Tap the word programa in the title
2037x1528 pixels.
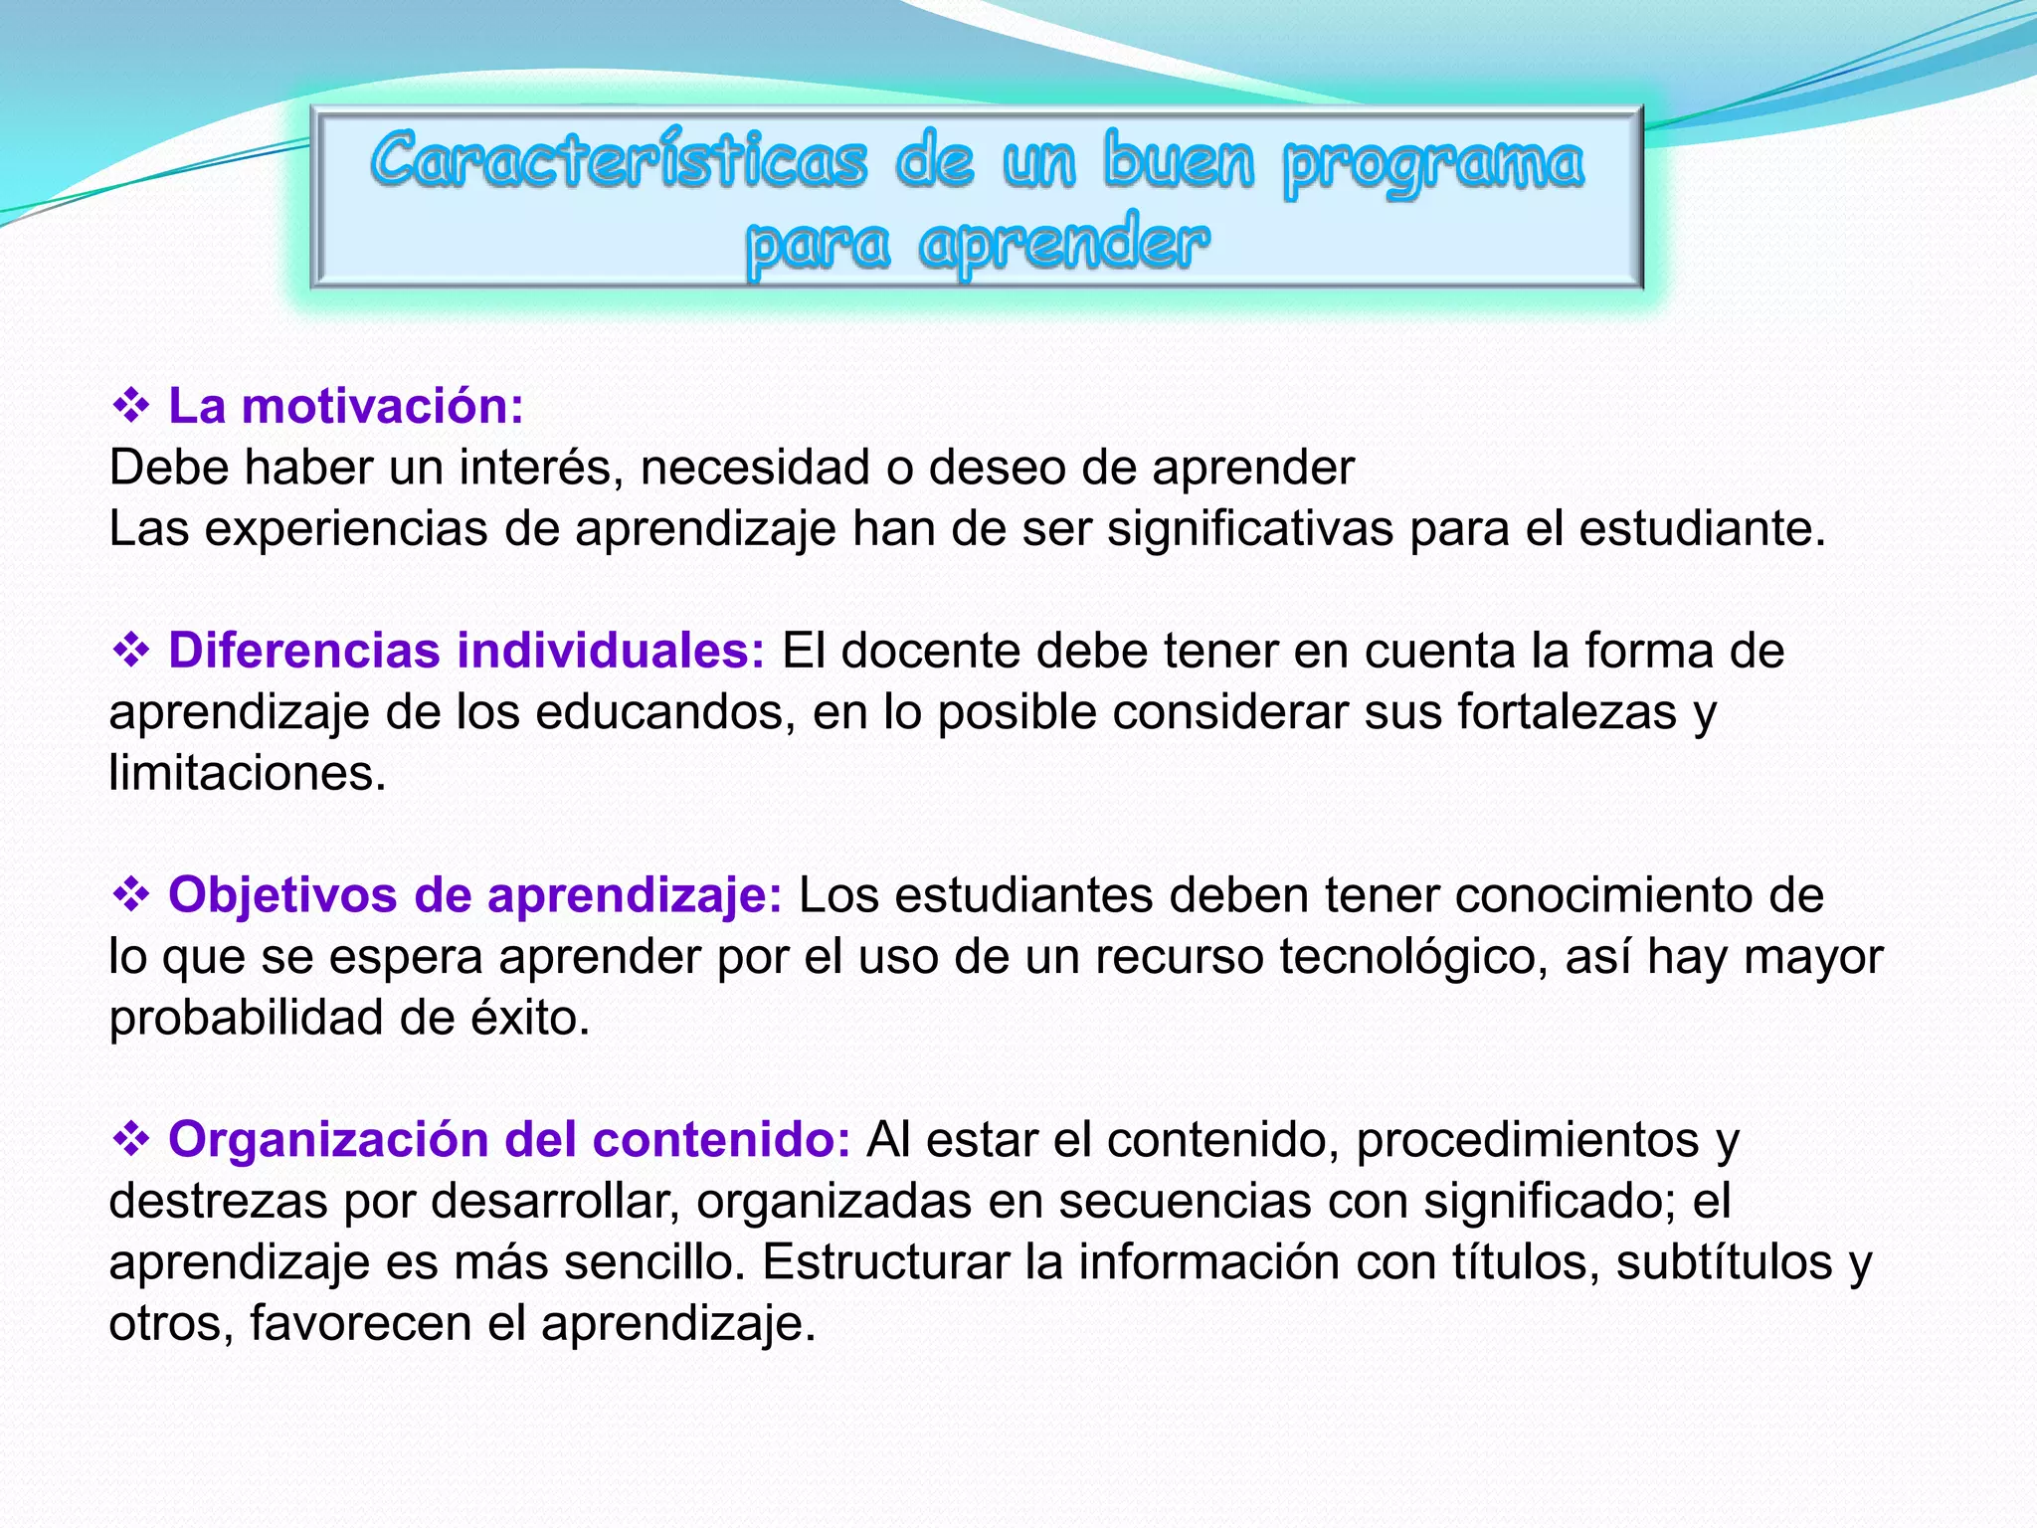pos(1432,164)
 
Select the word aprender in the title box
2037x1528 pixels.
pos(1063,245)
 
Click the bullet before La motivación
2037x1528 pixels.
pos(130,406)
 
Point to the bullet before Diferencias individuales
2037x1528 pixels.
pos(130,651)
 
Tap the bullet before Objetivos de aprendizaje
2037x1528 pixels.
pos(130,895)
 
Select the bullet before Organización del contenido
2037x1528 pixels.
pos(130,1139)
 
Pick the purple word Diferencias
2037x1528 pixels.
pos(304,651)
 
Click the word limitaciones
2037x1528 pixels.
pos(247,773)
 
